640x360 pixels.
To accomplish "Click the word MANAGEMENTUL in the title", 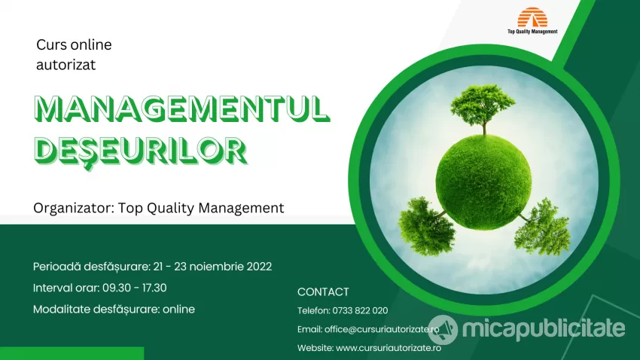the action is tap(181, 109).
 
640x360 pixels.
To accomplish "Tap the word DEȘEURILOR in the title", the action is tap(141, 150).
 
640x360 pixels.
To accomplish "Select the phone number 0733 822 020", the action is tap(360, 310).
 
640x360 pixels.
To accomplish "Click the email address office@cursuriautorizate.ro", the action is tap(382, 329).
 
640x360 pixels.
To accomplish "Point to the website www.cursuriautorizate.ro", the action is tap(389, 348).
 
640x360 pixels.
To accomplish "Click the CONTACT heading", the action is tap(323, 291).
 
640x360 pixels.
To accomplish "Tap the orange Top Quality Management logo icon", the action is tap(532, 17).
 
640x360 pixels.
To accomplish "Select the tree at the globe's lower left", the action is tap(426, 226).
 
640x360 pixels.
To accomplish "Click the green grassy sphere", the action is tap(483, 182).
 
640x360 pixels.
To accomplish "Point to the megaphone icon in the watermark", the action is tap(443, 330).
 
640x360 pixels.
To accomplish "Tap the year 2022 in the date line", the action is tap(259, 267).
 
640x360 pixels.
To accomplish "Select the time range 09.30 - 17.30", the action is tap(134, 288).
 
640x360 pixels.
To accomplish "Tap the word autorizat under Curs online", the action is tap(66, 65).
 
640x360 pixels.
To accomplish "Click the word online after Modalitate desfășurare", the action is tap(178, 309).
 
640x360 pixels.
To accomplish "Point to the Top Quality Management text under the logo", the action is tap(532, 32).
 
